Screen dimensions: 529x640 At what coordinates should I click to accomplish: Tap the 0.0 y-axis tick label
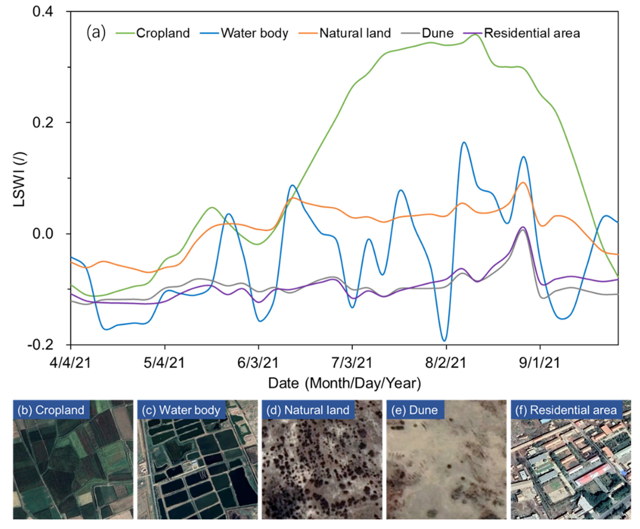(x=43, y=234)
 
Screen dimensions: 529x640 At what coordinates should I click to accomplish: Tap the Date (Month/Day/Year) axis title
(x=344, y=383)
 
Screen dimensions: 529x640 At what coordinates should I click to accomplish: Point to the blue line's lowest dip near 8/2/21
(x=444, y=340)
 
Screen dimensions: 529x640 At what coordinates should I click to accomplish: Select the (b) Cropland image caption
(x=51, y=410)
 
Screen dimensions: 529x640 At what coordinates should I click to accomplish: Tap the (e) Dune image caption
(x=414, y=410)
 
